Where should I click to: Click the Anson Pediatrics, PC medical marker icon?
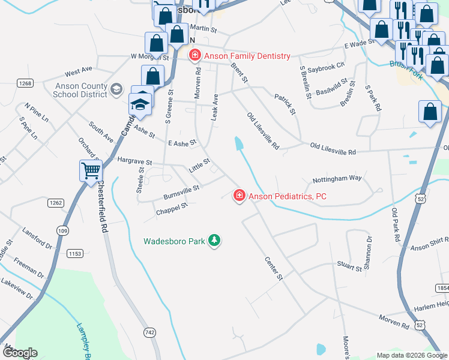coord(239,195)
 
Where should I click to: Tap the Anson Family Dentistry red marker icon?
coord(194,56)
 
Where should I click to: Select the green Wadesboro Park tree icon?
coord(214,241)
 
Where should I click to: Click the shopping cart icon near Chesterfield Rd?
coord(91,170)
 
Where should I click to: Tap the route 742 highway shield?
coord(150,332)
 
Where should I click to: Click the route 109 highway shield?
coord(62,230)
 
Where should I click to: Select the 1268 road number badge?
coord(25,83)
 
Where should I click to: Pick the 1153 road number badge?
coord(75,254)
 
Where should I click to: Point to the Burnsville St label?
coord(181,193)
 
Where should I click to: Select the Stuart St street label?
coord(349,267)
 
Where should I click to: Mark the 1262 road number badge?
coord(56,203)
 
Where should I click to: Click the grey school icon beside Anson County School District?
coord(116,90)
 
